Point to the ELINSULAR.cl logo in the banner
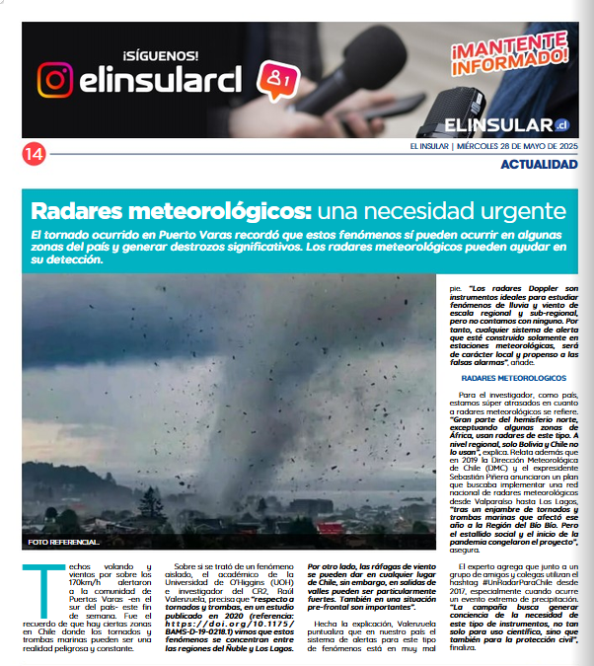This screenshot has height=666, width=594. (507, 124)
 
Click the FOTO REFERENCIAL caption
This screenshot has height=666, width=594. (64, 543)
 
